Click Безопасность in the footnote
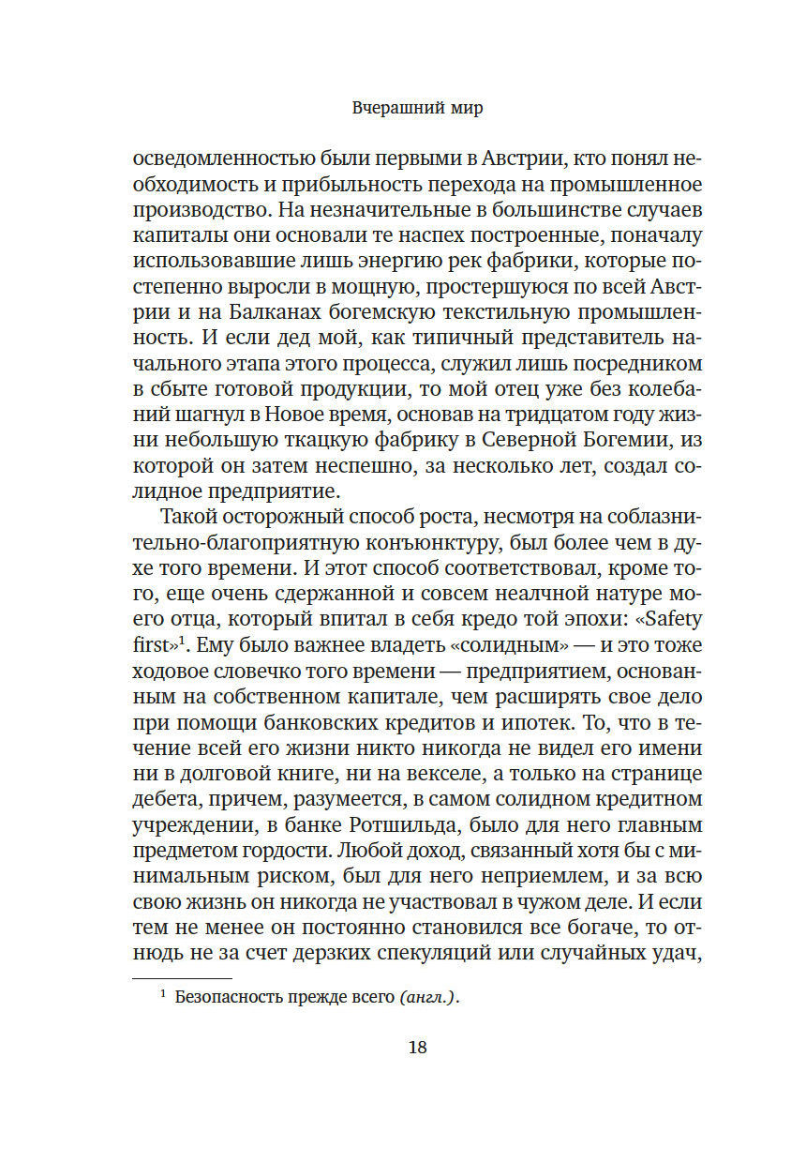pos(234,998)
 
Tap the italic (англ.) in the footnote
pos(428,998)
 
